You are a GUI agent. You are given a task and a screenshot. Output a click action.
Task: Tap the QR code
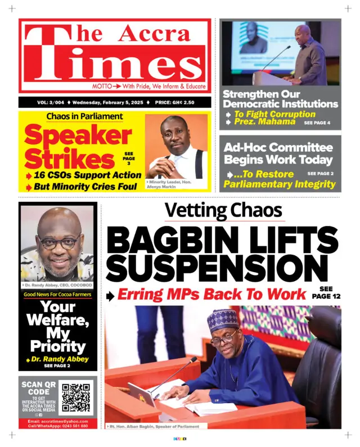pos(75,399)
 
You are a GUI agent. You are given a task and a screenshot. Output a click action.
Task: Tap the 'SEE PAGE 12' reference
pos(326,292)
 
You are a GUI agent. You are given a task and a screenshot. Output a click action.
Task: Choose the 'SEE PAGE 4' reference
pos(317,122)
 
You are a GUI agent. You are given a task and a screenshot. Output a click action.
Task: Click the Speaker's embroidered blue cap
pos(223,319)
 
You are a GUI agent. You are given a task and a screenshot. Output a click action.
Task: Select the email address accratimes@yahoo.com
pos(58,421)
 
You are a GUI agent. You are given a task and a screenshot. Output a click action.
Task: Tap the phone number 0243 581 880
pos(69,426)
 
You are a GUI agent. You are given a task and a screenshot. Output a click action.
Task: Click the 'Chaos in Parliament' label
pos(84,116)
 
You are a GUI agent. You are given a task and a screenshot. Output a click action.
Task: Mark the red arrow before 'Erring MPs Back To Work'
pos(112,295)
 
